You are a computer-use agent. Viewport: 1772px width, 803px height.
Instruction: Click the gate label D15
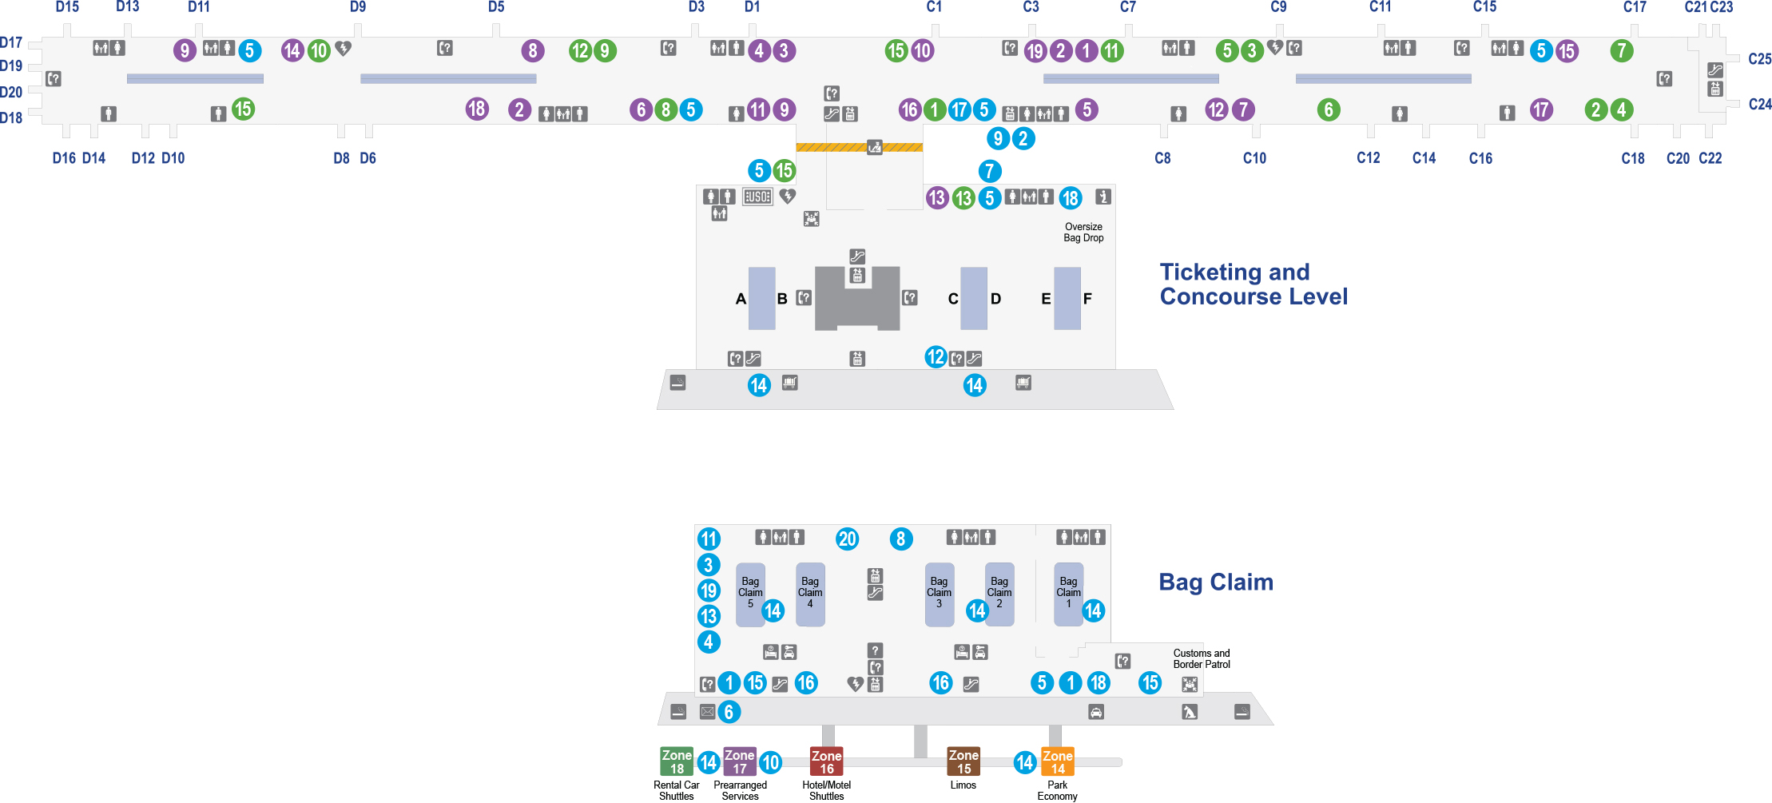pos(67,7)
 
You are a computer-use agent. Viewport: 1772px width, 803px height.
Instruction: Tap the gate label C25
pos(1759,59)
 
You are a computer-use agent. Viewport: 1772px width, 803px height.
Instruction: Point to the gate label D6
pos(368,158)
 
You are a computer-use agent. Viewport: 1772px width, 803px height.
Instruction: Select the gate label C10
pos(1254,158)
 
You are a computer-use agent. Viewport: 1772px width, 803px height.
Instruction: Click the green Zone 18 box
pos(677,761)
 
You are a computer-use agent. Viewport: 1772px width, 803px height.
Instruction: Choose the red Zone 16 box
pos(826,761)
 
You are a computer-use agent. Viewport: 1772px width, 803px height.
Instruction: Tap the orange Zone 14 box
pos(1057,761)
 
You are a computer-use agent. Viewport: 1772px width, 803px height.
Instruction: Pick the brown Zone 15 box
pos(963,761)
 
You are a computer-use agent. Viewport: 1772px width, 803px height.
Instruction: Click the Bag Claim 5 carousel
pos(749,594)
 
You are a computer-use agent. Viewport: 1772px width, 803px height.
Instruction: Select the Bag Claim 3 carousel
pos(939,594)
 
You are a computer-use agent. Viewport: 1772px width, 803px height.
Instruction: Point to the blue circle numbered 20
pos(848,539)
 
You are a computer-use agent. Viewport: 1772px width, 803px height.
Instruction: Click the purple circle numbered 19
pos(1035,51)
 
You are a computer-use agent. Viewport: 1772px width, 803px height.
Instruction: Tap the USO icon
pos(757,197)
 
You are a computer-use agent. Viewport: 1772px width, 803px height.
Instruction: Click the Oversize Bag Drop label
pos(1083,233)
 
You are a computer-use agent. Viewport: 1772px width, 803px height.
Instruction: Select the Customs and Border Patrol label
pos(1202,659)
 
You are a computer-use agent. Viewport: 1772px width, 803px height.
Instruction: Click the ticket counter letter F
pos(1087,299)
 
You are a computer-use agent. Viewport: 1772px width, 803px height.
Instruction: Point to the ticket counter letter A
pos(741,299)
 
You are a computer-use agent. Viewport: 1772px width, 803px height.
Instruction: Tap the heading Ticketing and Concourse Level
pos(1254,284)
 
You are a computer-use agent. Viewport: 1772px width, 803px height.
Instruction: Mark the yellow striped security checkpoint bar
pos(860,147)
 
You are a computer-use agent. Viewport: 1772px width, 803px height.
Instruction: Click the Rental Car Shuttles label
pos(677,791)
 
